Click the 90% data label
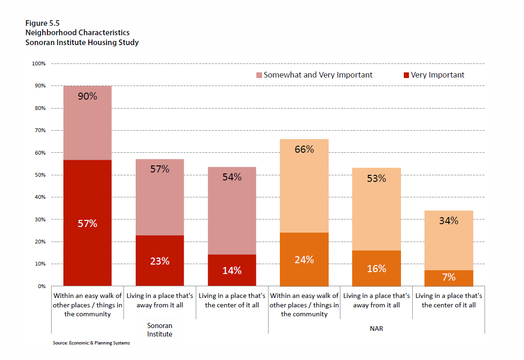coord(87,96)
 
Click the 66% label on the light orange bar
coord(304,150)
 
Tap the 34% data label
coord(449,220)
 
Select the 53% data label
coord(377,179)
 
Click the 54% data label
coord(232,177)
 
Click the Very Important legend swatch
coord(407,75)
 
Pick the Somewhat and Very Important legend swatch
coord(259,75)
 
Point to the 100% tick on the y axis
coord(39,63)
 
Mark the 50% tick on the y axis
coord(39,175)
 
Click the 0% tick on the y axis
coord(41,286)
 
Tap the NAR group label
coord(377,329)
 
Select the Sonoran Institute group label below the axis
coord(160,329)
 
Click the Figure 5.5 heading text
coord(39,23)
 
